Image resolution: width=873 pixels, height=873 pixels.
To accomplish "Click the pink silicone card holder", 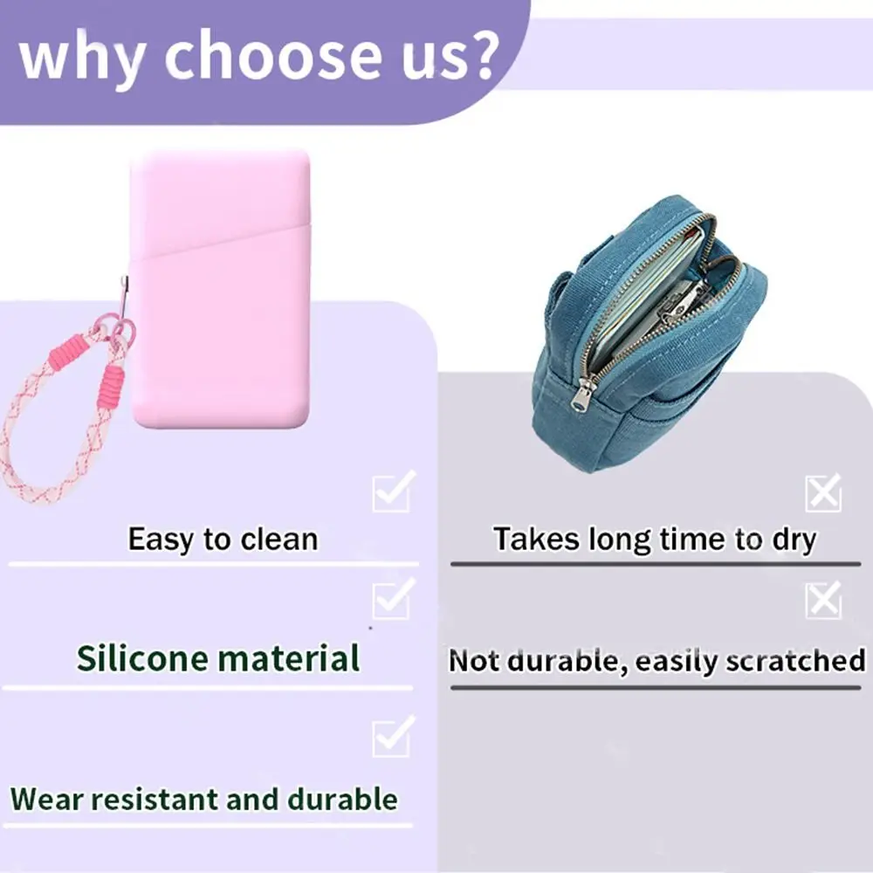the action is pyautogui.click(x=221, y=289).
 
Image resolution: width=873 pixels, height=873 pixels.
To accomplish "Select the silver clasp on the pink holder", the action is pyautogui.click(x=125, y=296).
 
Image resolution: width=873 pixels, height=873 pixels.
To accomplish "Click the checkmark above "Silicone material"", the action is pyautogui.click(x=394, y=598).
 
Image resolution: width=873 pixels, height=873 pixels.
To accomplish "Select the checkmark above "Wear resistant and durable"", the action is pyautogui.click(x=394, y=735).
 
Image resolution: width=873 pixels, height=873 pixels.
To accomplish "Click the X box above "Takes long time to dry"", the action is pyautogui.click(x=823, y=492).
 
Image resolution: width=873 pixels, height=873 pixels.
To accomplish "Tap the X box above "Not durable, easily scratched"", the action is pyautogui.click(x=823, y=601).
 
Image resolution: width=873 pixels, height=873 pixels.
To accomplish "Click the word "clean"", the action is pyautogui.click(x=279, y=539).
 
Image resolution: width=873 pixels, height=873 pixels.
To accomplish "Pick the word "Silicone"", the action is pyautogui.click(x=142, y=658).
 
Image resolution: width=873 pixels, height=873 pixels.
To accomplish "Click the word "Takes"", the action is pyautogui.click(x=537, y=539).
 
